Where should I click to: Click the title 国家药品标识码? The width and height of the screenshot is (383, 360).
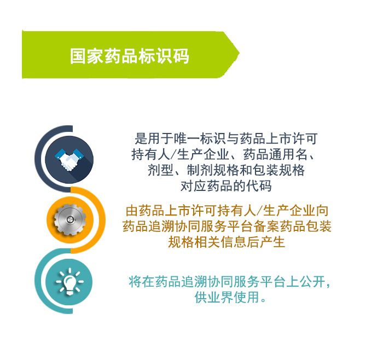(x=130, y=56)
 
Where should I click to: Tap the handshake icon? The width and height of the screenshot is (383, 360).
(x=69, y=159)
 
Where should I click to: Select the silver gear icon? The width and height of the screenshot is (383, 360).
(x=70, y=219)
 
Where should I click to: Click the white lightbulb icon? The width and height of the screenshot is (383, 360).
(x=69, y=281)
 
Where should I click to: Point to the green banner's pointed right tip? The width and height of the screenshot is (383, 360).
(x=239, y=53)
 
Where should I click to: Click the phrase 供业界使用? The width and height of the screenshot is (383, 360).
(x=227, y=297)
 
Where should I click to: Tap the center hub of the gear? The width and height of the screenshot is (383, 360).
(x=69, y=219)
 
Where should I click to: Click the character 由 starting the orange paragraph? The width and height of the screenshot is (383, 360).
(x=132, y=211)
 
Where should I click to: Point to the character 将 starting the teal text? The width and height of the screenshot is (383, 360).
(x=135, y=281)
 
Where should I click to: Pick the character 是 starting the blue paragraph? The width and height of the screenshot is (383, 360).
(x=141, y=138)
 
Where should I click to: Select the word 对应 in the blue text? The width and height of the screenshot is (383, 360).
(x=194, y=186)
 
